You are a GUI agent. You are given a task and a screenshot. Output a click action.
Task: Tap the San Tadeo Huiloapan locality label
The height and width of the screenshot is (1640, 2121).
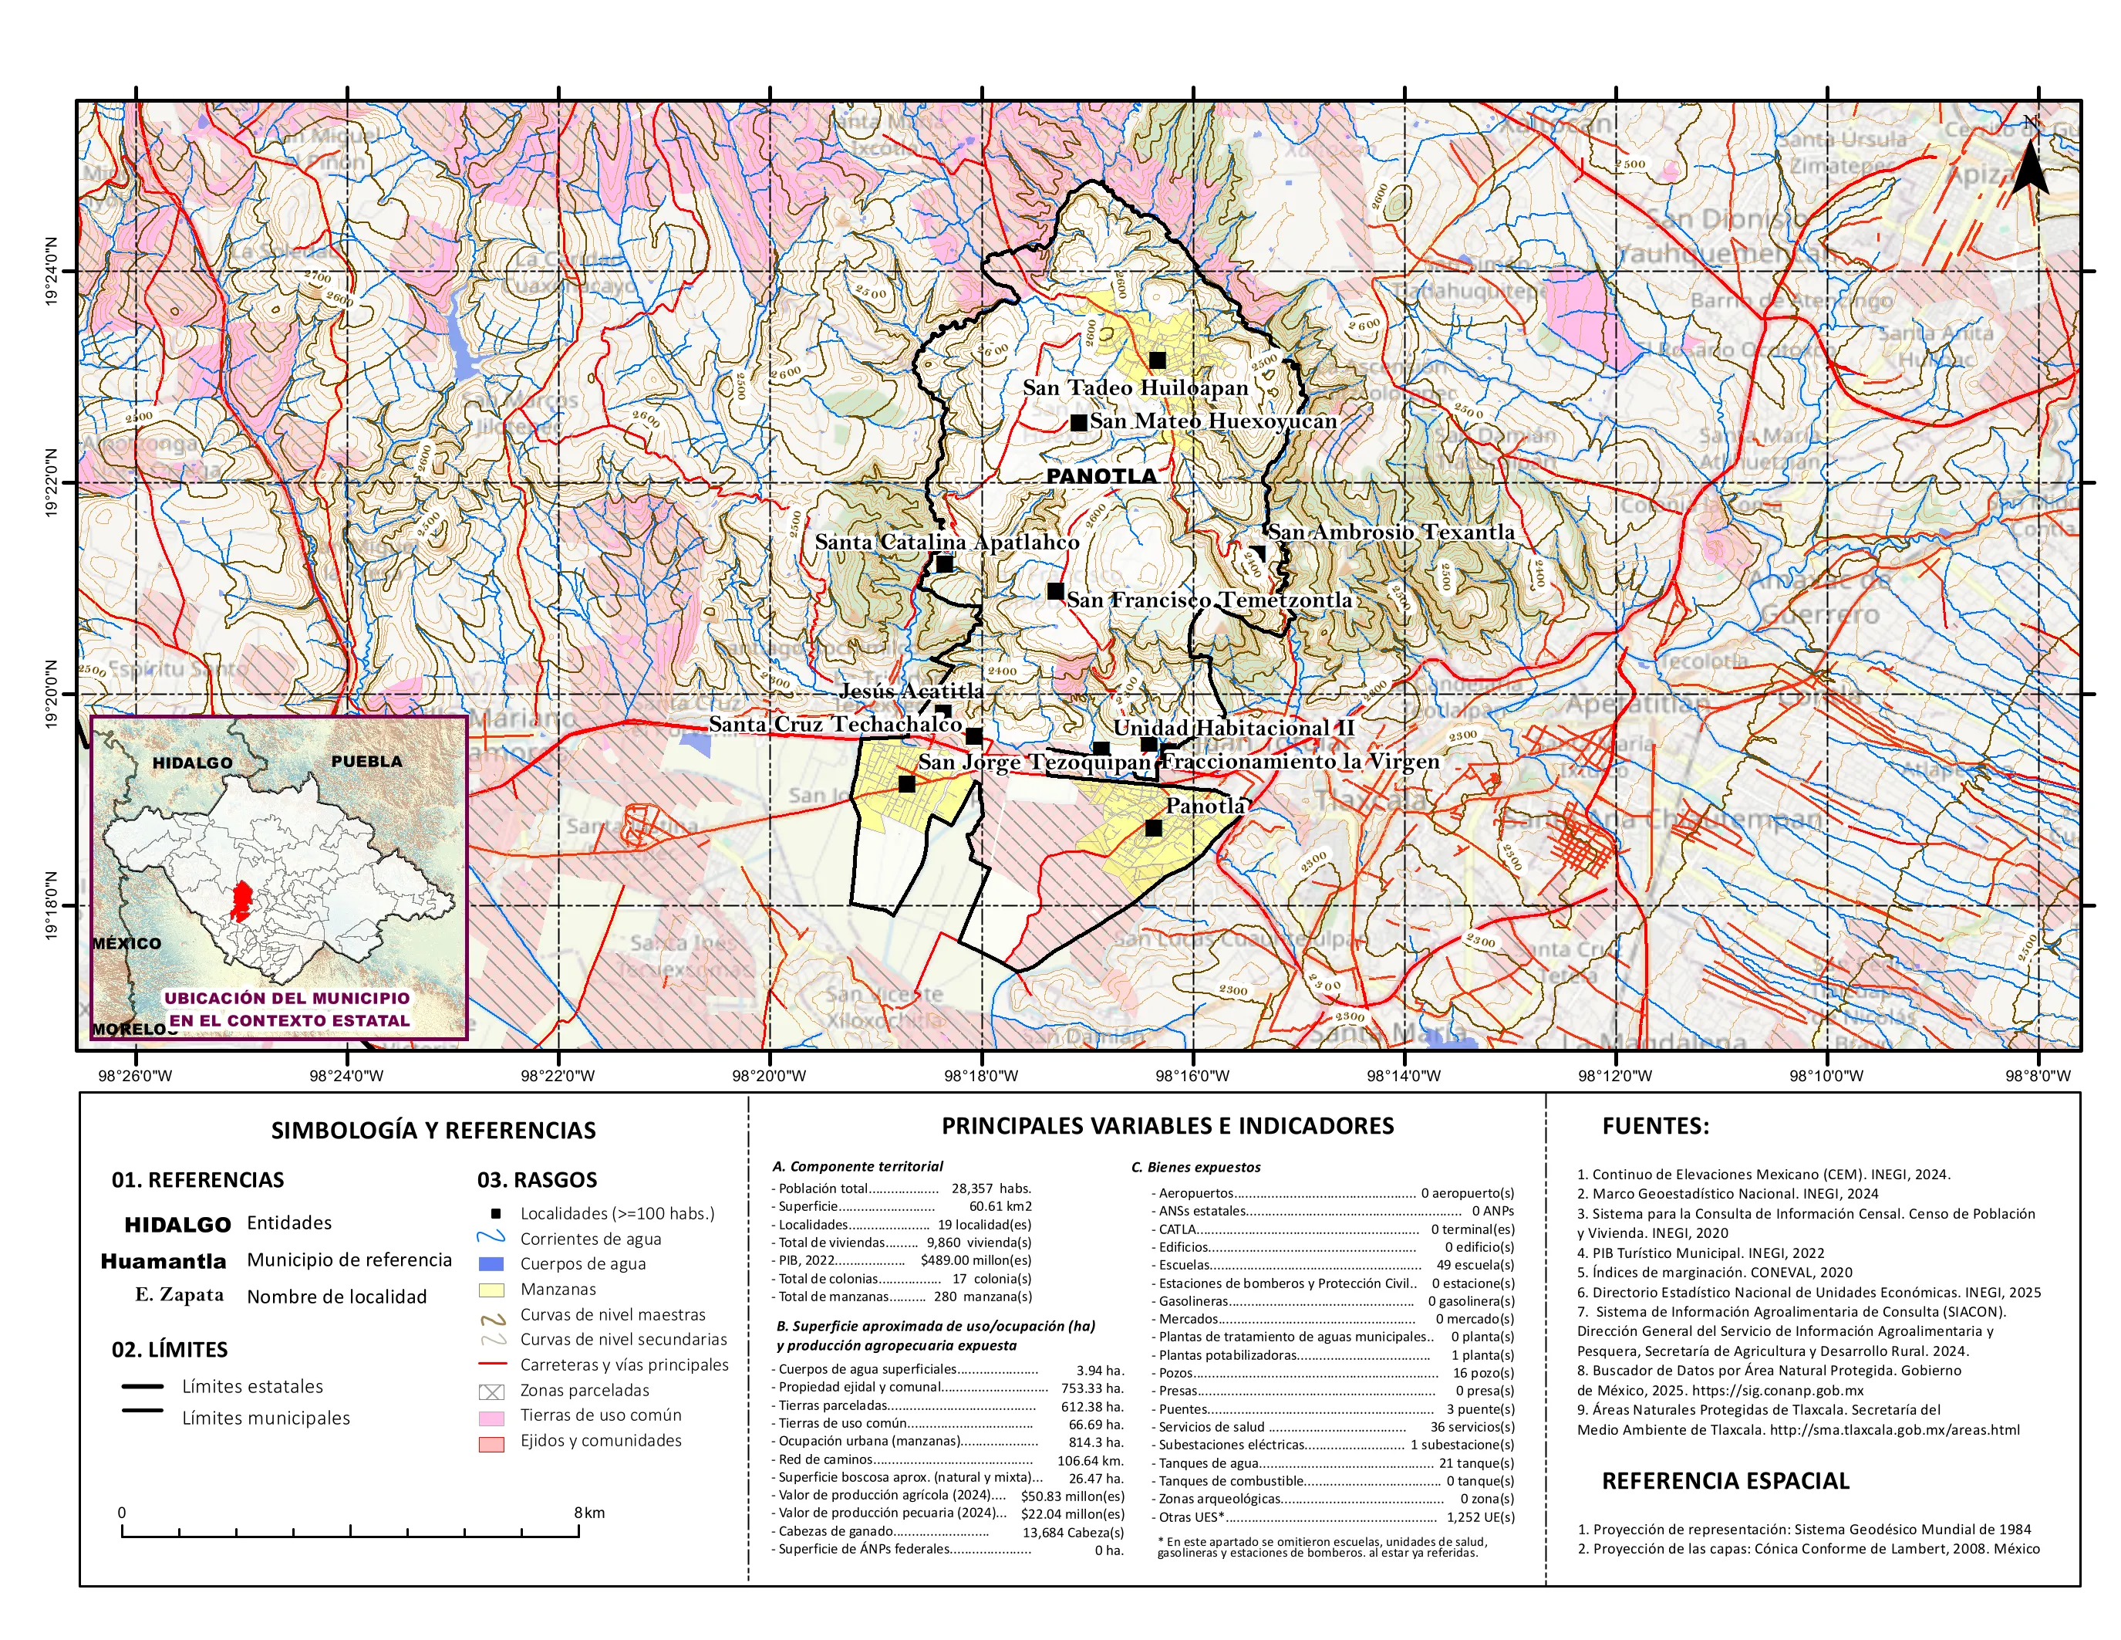click(1135, 387)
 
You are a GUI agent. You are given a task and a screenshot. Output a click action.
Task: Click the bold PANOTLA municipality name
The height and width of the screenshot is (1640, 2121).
click(1101, 476)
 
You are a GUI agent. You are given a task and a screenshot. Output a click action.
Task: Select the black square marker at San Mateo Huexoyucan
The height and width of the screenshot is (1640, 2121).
click(1078, 423)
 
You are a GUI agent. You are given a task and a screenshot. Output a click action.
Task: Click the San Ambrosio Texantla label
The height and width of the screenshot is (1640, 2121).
click(1391, 532)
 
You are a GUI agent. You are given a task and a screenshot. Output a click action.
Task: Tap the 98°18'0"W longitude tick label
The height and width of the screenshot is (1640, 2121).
click(982, 1076)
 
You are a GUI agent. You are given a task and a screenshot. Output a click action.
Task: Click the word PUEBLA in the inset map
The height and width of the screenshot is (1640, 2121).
click(366, 761)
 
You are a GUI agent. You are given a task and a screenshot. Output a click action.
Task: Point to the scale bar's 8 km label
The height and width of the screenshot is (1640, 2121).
click(588, 1513)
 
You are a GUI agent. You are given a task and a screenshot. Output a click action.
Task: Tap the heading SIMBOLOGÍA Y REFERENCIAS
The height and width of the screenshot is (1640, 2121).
click(433, 1130)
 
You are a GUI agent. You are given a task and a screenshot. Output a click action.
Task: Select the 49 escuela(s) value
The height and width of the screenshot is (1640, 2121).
click(1474, 1265)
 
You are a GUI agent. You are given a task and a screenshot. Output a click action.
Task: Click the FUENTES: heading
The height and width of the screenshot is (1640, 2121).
click(1655, 1126)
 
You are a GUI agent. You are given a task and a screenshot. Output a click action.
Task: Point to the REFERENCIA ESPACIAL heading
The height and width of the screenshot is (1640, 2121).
click(1725, 1481)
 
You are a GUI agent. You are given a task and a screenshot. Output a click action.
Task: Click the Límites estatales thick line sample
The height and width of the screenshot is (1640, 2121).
click(142, 1386)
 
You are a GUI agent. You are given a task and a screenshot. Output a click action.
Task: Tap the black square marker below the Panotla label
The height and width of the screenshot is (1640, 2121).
click(1153, 829)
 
